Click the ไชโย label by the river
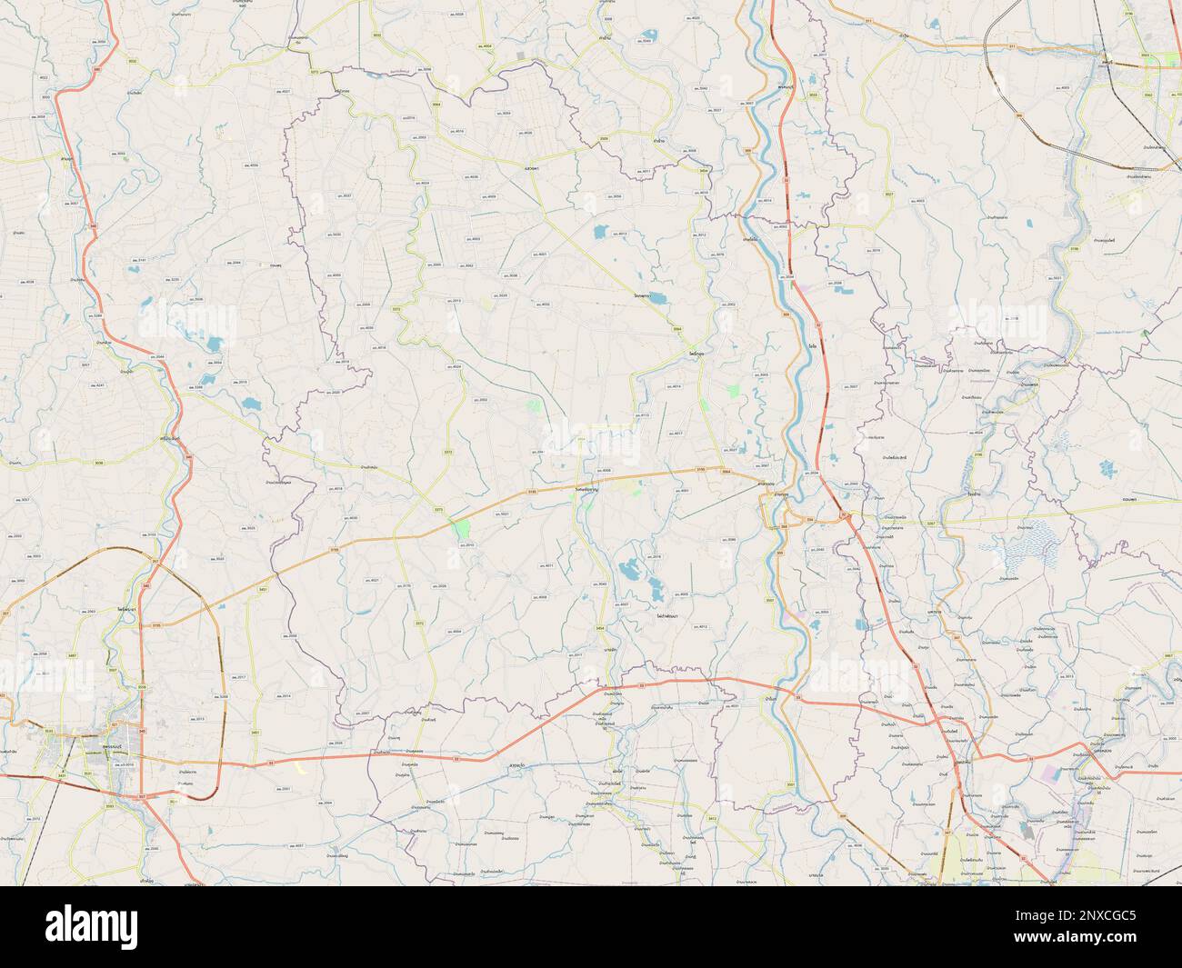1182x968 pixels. point(811,345)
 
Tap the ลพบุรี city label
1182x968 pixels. point(1107,62)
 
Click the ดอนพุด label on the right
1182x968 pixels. point(1133,499)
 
